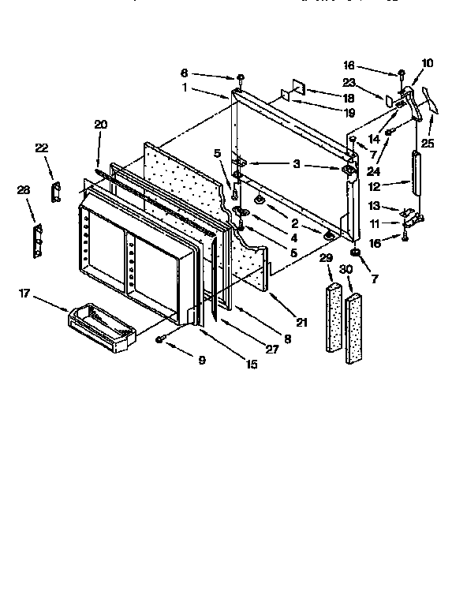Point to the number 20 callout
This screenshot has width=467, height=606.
pos(100,124)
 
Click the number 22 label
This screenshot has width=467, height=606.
pos(42,148)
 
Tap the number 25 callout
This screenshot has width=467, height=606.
pos(428,144)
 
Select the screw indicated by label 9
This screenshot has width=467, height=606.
pos(160,339)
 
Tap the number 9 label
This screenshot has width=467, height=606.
pos(201,361)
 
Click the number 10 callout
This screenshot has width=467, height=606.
pos(428,62)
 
